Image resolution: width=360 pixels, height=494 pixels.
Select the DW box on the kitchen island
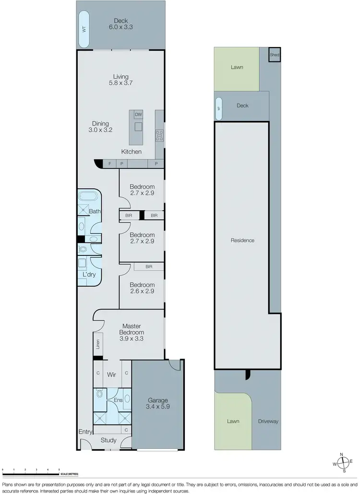[138, 114]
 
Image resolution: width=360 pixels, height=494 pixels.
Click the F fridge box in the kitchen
[109, 164]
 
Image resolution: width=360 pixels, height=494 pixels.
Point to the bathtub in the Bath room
[89, 197]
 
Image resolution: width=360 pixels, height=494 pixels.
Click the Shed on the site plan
[274, 55]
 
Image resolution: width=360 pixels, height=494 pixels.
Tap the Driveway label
[267, 422]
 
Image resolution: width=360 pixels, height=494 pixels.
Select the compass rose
[344, 463]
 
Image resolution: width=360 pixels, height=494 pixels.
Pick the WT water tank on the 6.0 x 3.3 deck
[84, 29]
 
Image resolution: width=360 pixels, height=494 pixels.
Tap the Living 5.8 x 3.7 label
[121, 80]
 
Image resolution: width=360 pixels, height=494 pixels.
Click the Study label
[108, 440]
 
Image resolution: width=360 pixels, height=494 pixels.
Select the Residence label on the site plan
[242, 241]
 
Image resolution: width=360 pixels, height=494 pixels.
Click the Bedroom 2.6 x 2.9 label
[142, 288]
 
